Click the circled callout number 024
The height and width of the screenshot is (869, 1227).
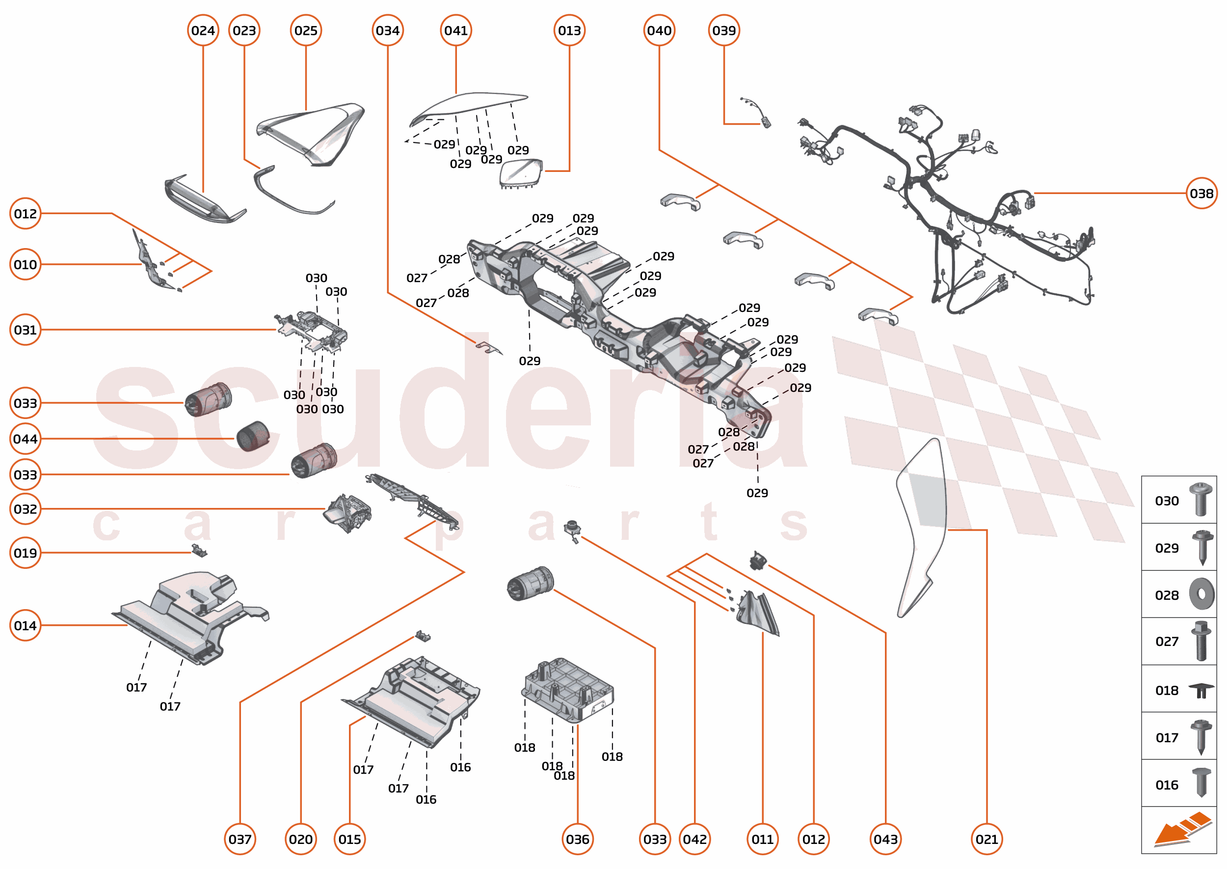[203, 30]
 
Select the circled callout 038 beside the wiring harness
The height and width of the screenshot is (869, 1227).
[1201, 193]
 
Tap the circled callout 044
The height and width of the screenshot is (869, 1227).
[25, 439]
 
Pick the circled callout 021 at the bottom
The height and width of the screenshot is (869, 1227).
[986, 839]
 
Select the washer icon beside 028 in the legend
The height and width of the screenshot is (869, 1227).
[1201, 594]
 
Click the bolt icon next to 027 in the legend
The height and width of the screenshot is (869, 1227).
[1201, 641]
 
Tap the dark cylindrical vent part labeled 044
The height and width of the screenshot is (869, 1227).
[253, 436]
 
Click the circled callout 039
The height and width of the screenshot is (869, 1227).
[723, 30]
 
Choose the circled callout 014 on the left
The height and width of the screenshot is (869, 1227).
[25, 625]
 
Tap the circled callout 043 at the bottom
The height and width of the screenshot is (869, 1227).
[885, 839]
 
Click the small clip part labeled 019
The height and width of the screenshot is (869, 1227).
[199, 551]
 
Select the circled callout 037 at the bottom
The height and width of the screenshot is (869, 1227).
[240, 839]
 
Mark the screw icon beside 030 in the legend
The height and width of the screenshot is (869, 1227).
[1201, 499]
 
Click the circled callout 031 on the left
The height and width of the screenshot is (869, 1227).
[25, 330]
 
